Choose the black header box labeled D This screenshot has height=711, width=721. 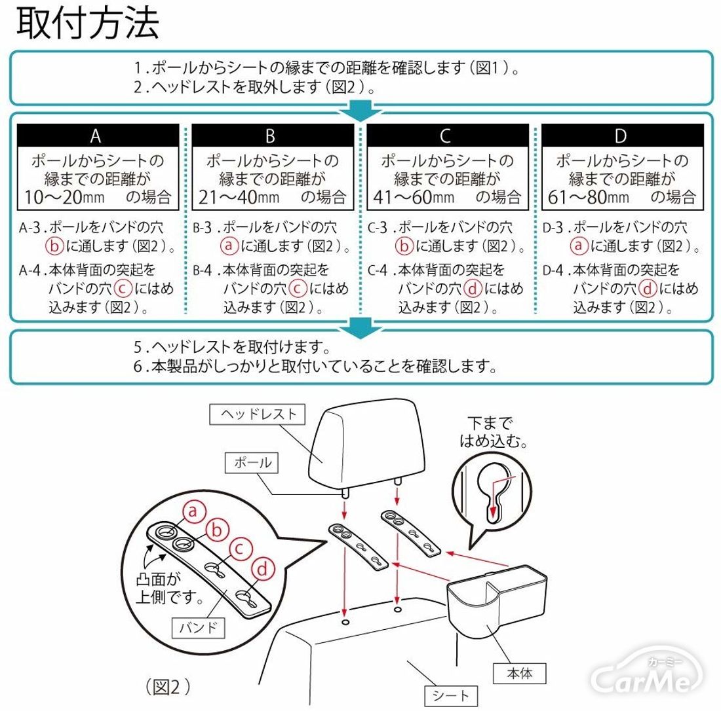pyautogui.click(x=621, y=136)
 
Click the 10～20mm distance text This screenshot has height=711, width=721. pyautogui.click(x=56, y=196)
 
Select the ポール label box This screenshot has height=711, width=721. pyautogui.click(x=252, y=462)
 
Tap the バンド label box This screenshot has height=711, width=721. pyautogui.click(x=198, y=628)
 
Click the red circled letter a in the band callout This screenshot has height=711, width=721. pyautogui.click(x=192, y=511)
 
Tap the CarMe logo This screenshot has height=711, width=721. pyautogui.click(x=646, y=678)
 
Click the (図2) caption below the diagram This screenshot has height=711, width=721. pyautogui.click(x=168, y=686)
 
